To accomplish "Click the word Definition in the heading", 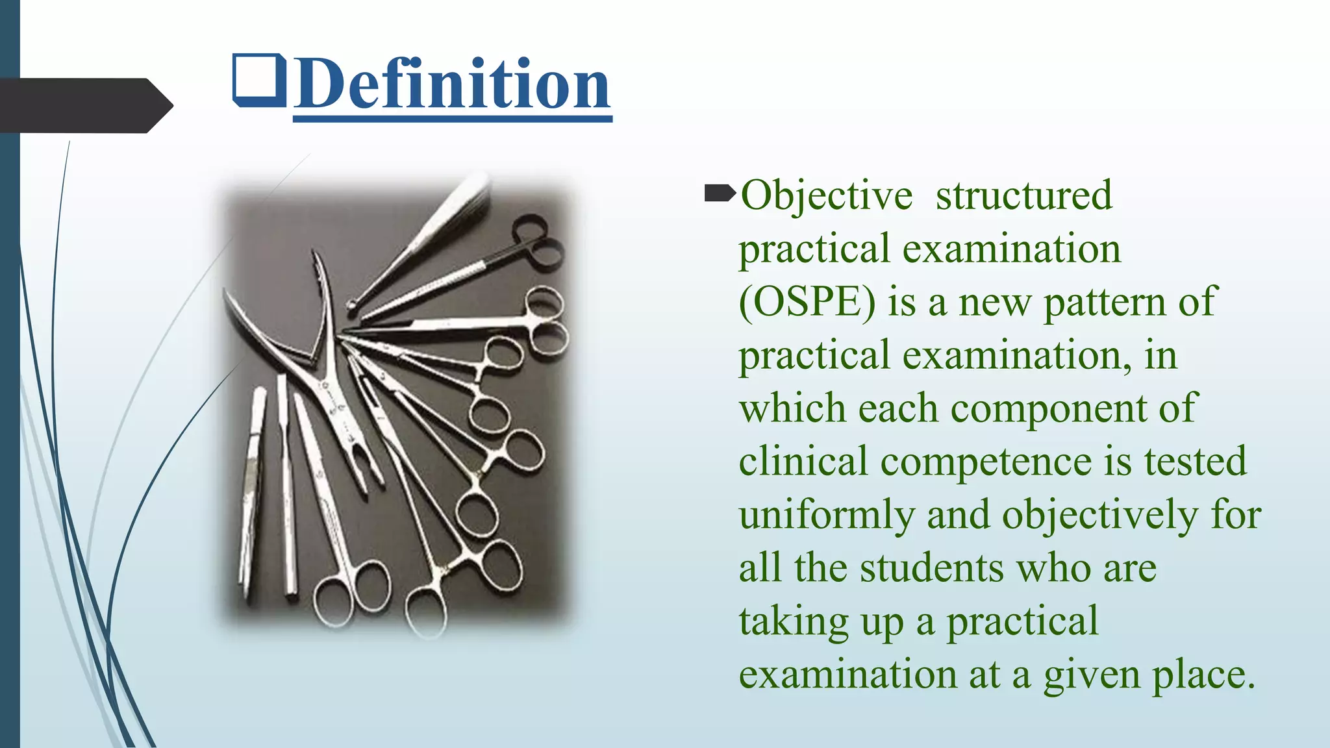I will [452, 84].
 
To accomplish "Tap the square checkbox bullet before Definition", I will [259, 81].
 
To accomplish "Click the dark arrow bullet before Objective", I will [720, 193].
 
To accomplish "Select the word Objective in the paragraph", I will [826, 195].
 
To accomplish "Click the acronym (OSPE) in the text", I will [807, 303].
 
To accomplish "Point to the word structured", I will [1023, 195].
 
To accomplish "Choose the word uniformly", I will [826, 515].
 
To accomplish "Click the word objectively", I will [1099, 515].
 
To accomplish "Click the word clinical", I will [803, 462].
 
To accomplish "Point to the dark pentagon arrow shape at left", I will [84, 106].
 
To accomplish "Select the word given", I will [1091, 675].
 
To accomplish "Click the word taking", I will [794, 621].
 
